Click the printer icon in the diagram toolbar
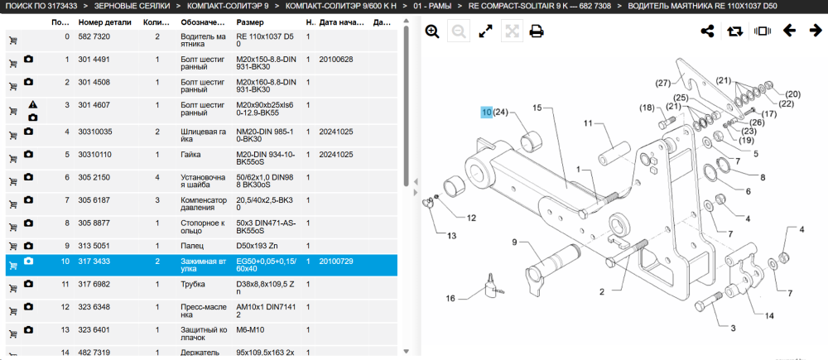pyautogui.click(x=537, y=31)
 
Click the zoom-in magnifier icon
pyautogui.click(x=432, y=31)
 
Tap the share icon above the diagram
pyautogui.click(x=707, y=31)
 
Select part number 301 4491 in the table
pyautogui.click(x=94, y=60)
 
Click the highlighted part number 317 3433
pyautogui.click(x=94, y=262)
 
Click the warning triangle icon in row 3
pyautogui.click(x=33, y=104)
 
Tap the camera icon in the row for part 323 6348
pyautogui.click(x=28, y=307)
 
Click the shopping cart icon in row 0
pyautogui.click(x=12, y=41)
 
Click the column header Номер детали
pyautogui.click(x=104, y=22)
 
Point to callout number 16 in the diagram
pyautogui.click(x=450, y=298)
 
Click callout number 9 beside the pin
pyautogui.click(x=514, y=242)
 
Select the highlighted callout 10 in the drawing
pyautogui.click(x=486, y=113)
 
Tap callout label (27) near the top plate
pyautogui.click(x=662, y=83)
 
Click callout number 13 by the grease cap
pyautogui.click(x=451, y=235)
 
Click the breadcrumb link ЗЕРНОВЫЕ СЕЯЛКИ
pyautogui.click(x=132, y=7)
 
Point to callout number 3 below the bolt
pyautogui.click(x=733, y=329)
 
